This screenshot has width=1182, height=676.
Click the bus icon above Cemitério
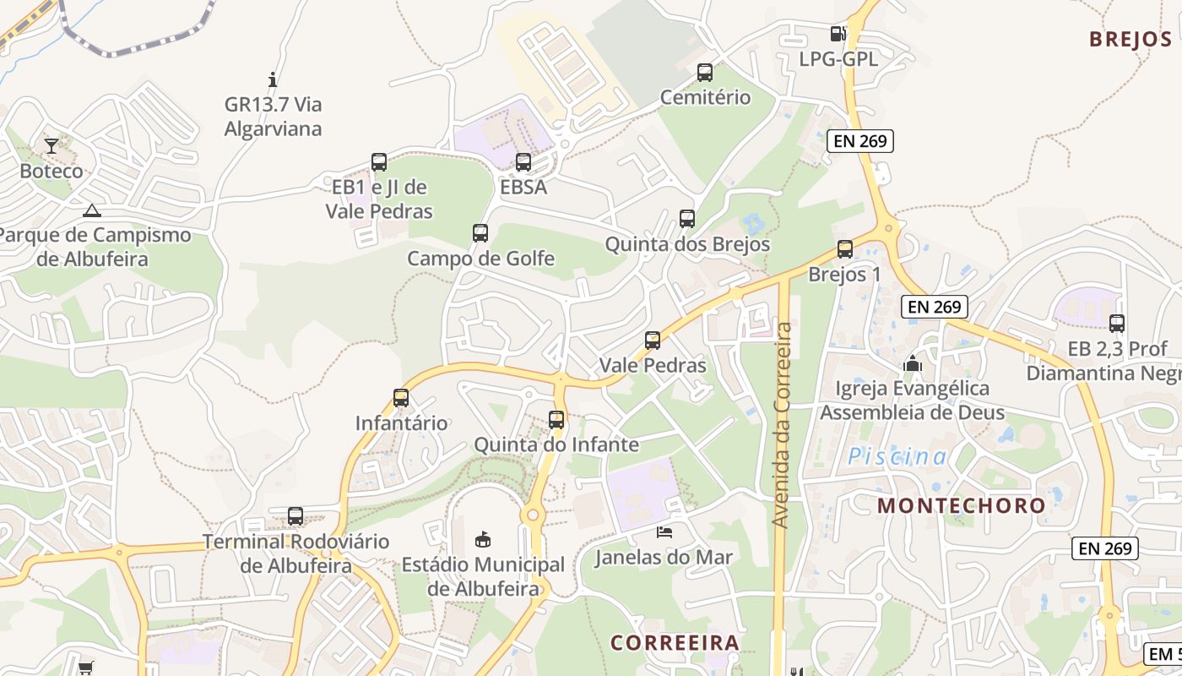(704, 73)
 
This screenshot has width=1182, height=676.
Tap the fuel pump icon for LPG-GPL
(838, 34)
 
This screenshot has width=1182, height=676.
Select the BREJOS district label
(1130, 39)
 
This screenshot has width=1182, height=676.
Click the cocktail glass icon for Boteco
(52, 146)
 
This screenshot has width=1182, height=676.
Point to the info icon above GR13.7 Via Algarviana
(273, 80)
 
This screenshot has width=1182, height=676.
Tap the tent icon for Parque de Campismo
(92, 210)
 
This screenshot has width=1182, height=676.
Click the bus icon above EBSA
(523, 162)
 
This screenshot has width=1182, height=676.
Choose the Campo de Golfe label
(480, 258)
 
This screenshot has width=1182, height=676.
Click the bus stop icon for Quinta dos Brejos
(687, 219)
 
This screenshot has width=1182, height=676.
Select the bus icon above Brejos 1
(844, 249)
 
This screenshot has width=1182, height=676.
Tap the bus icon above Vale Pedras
(653, 341)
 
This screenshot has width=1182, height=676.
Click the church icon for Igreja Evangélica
(912, 364)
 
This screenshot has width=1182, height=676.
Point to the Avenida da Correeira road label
(783, 425)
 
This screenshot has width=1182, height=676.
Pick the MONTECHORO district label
(962, 505)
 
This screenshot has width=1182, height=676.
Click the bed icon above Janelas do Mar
(664, 532)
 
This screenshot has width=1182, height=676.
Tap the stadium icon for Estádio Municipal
(483, 539)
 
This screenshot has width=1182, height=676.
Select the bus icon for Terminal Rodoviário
(295, 515)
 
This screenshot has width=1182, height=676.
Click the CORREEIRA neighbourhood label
(675, 642)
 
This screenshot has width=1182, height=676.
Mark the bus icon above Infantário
(401, 397)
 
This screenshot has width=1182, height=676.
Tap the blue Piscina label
(897, 457)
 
